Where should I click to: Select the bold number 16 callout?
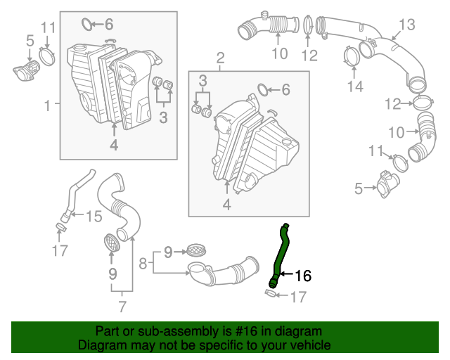[x=302, y=276]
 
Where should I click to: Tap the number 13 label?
[x=407, y=25]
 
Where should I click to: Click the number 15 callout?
[x=93, y=216]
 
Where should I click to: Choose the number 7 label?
[x=122, y=306]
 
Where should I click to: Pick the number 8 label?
[x=143, y=264]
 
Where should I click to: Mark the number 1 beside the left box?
[x=48, y=105]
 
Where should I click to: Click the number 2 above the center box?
[x=220, y=57]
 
